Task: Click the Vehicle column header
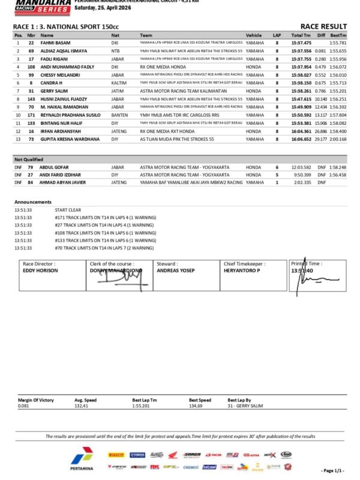point(254,35)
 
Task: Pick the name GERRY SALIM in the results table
point(54,90)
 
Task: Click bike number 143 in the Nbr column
point(31,98)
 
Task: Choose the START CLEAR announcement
point(67,210)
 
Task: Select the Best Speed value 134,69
point(199,406)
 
